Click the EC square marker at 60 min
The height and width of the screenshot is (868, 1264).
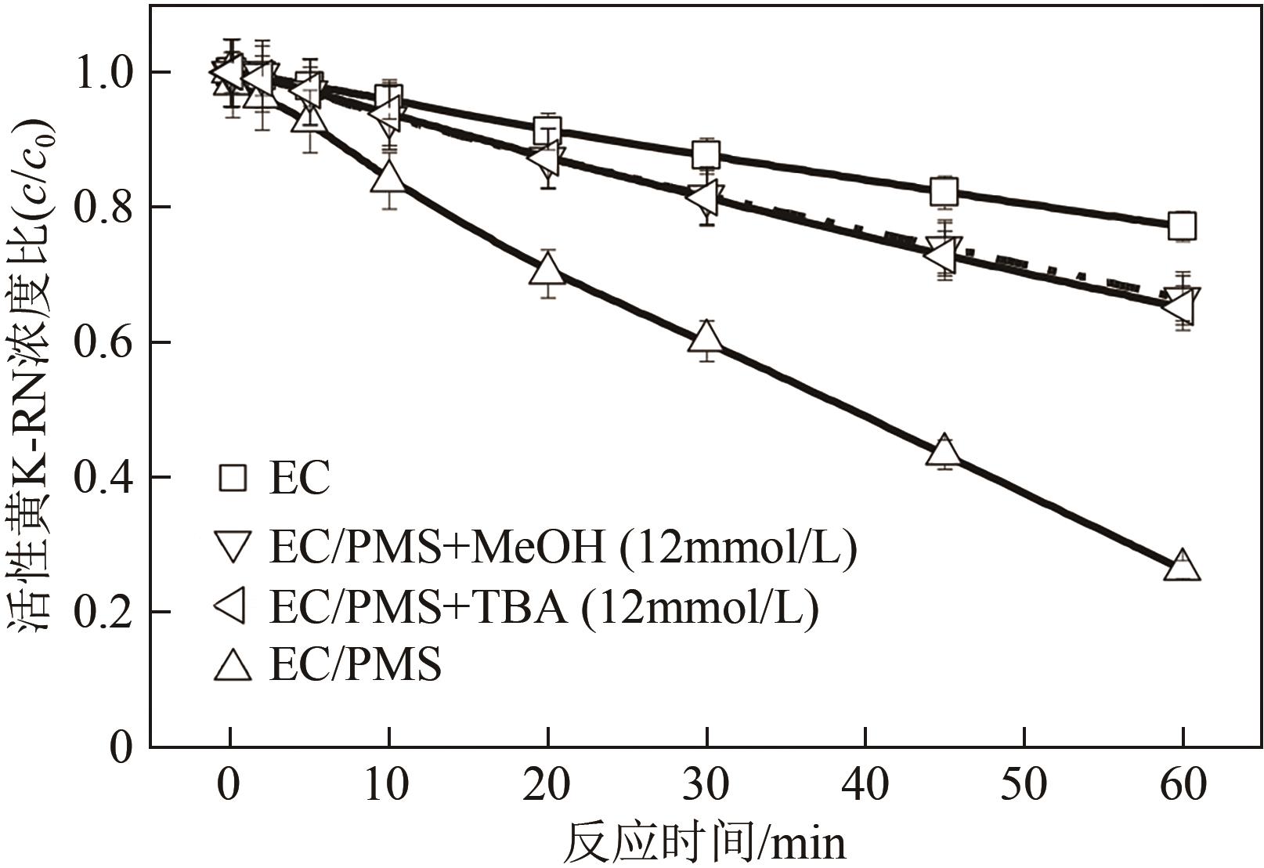point(1181,226)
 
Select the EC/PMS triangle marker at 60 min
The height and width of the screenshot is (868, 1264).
point(1181,566)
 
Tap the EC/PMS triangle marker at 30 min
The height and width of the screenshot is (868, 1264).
point(706,338)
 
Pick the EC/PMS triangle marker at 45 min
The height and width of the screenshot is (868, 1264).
point(944,450)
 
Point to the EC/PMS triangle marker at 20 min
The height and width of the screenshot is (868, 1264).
point(547,270)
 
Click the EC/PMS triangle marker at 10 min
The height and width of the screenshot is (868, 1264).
point(388,178)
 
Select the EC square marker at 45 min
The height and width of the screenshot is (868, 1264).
point(944,190)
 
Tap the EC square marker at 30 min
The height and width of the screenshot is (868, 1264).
point(706,154)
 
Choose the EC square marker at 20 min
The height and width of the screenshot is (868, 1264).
point(547,130)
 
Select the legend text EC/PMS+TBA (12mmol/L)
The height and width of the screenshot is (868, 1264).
point(544,607)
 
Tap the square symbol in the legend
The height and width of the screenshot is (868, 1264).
point(233,477)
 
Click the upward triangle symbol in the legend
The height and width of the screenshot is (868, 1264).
point(233,667)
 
